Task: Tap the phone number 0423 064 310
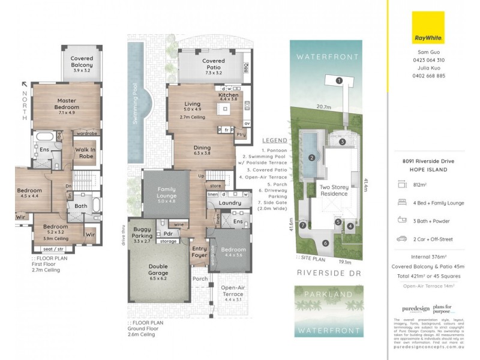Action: point(428,60)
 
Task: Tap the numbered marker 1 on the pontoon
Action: point(339,80)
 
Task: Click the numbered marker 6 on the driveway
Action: point(325,243)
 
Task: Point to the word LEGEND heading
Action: point(274,140)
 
